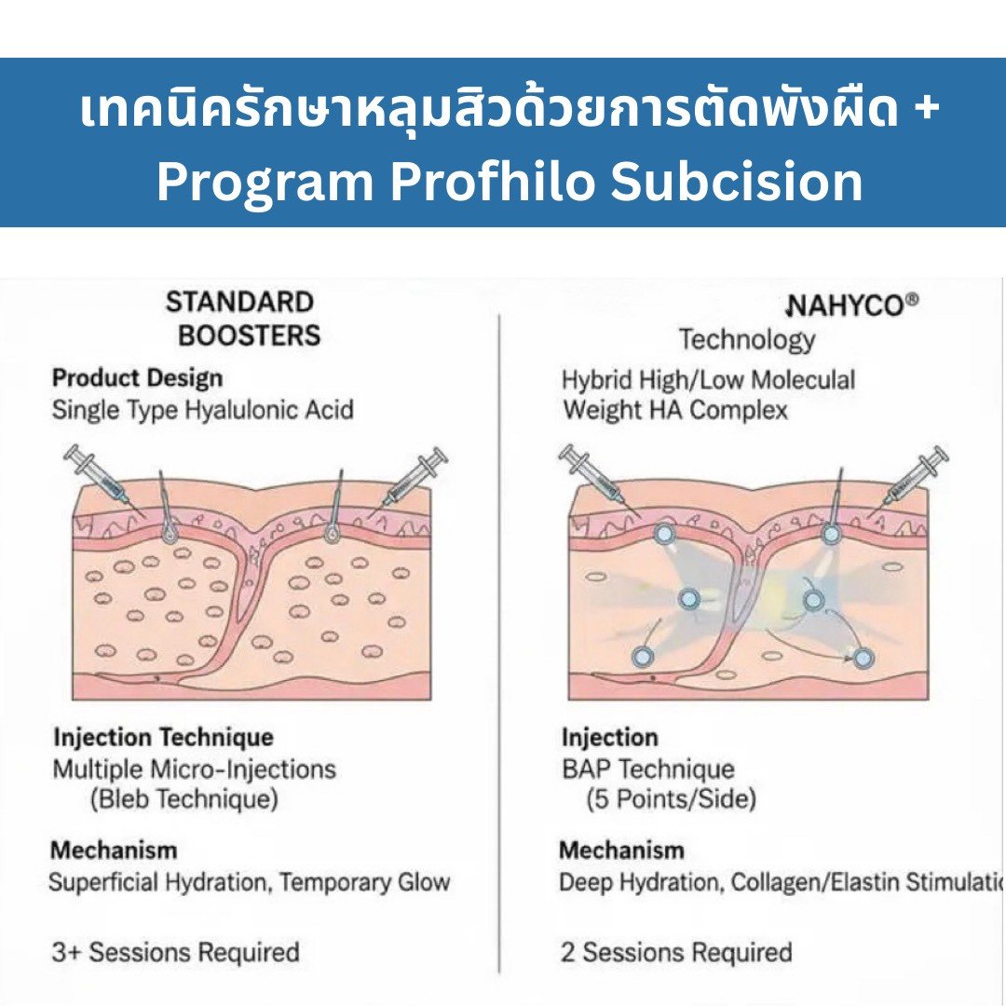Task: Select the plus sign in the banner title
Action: click(926, 110)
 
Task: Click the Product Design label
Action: click(137, 378)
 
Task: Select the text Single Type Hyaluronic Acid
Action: click(202, 410)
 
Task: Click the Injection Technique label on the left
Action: click(163, 738)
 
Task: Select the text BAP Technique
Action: click(647, 769)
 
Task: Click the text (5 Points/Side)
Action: click(671, 799)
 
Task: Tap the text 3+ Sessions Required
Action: click(175, 952)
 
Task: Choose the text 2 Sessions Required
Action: click(675, 952)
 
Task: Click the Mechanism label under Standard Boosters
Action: click(114, 850)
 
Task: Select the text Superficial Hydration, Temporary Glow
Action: click(250, 882)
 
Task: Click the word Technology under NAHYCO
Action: click(746, 340)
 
